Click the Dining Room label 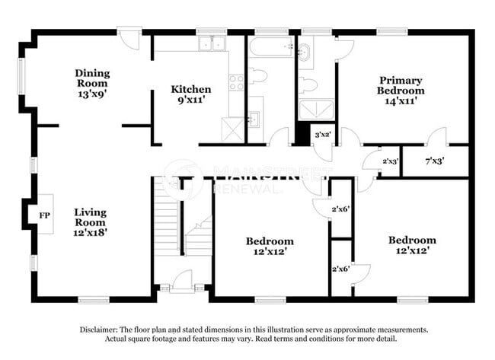tap(92, 79)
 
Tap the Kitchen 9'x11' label tap(190, 94)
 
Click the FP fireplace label tap(44, 215)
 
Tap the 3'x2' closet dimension tap(322, 134)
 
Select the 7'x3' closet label tap(434, 161)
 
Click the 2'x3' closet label tap(390, 161)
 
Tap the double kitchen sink tap(212, 44)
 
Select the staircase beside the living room tap(168, 217)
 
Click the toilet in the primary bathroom tap(308, 84)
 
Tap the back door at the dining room tap(129, 37)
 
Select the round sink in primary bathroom tap(305, 52)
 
